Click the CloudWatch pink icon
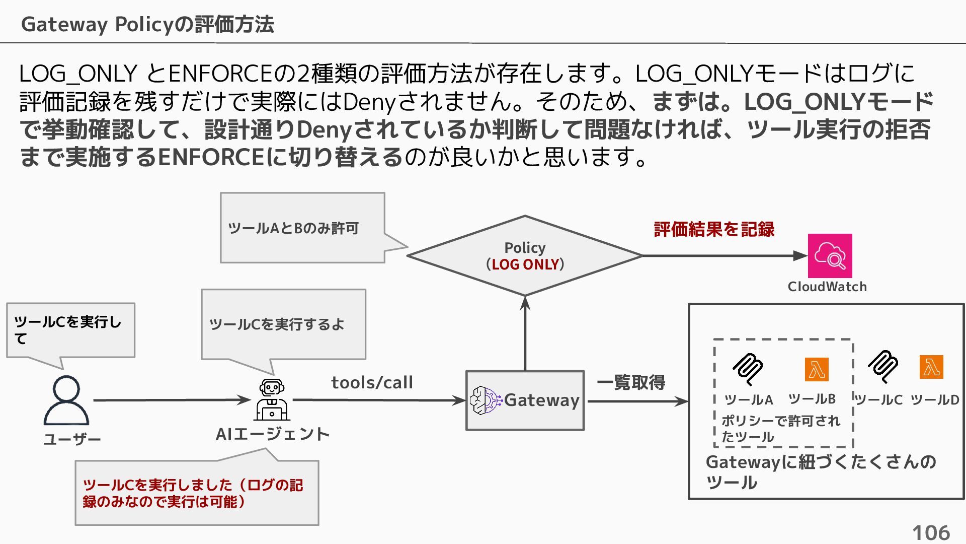tap(830, 255)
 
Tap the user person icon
tap(66, 400)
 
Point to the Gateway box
tap(525, 400)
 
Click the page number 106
tap(931, 532)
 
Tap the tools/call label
tap(372, 383)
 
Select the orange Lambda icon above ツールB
tap(816, 370)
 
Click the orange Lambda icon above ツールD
tap(931, 367)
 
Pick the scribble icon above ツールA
tap(747, 368)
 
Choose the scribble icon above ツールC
tap(883, 366)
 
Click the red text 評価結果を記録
tap(714, 229)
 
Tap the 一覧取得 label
tap(631, 382)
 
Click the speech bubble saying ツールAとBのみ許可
tap(302, 228)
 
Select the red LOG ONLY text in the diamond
tap(525, 264)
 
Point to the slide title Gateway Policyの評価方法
tap(147, 24)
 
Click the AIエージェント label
tap(272, 434)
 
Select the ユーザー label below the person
tap(72, 440)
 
